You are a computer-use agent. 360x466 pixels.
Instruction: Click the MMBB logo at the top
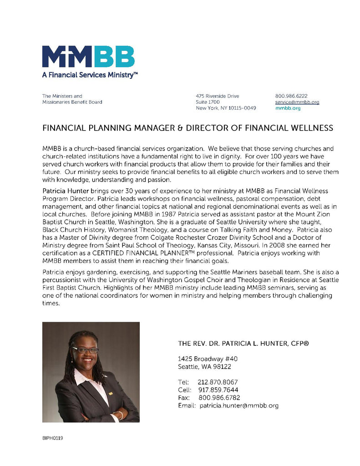pyautogui.click(x=88, y=56)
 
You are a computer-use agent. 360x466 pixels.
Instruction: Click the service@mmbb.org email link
pyautogui.click(x=297, y=102)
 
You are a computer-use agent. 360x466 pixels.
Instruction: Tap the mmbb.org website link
pyautogui.click(x=288, y=108)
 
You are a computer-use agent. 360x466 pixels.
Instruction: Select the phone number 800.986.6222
pyautogui.click(x=291, y=96)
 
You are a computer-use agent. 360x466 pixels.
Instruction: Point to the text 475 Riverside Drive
pyautogui.click(x=217, y=96)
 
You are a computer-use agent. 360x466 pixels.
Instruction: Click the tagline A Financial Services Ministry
pyautogui.click(x=90, y=75)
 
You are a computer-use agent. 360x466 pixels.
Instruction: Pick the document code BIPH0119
pyautogui.click(x=52, y=438)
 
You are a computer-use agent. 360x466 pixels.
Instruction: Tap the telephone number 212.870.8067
pyautogui.click(x=218, y=382)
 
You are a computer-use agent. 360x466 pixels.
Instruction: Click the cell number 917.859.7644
pyautogui.click(x=218, y=390)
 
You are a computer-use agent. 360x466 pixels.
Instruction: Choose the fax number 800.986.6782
pyautogui.click(x=219, y=398)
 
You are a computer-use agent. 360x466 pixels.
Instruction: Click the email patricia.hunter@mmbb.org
pyautogui.click(x=239, y=405)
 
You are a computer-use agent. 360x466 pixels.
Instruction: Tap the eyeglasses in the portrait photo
pyautogui.click(x=85, y=350)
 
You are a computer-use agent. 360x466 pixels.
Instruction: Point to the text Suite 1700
pyautogui.click(x=207, y=102)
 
